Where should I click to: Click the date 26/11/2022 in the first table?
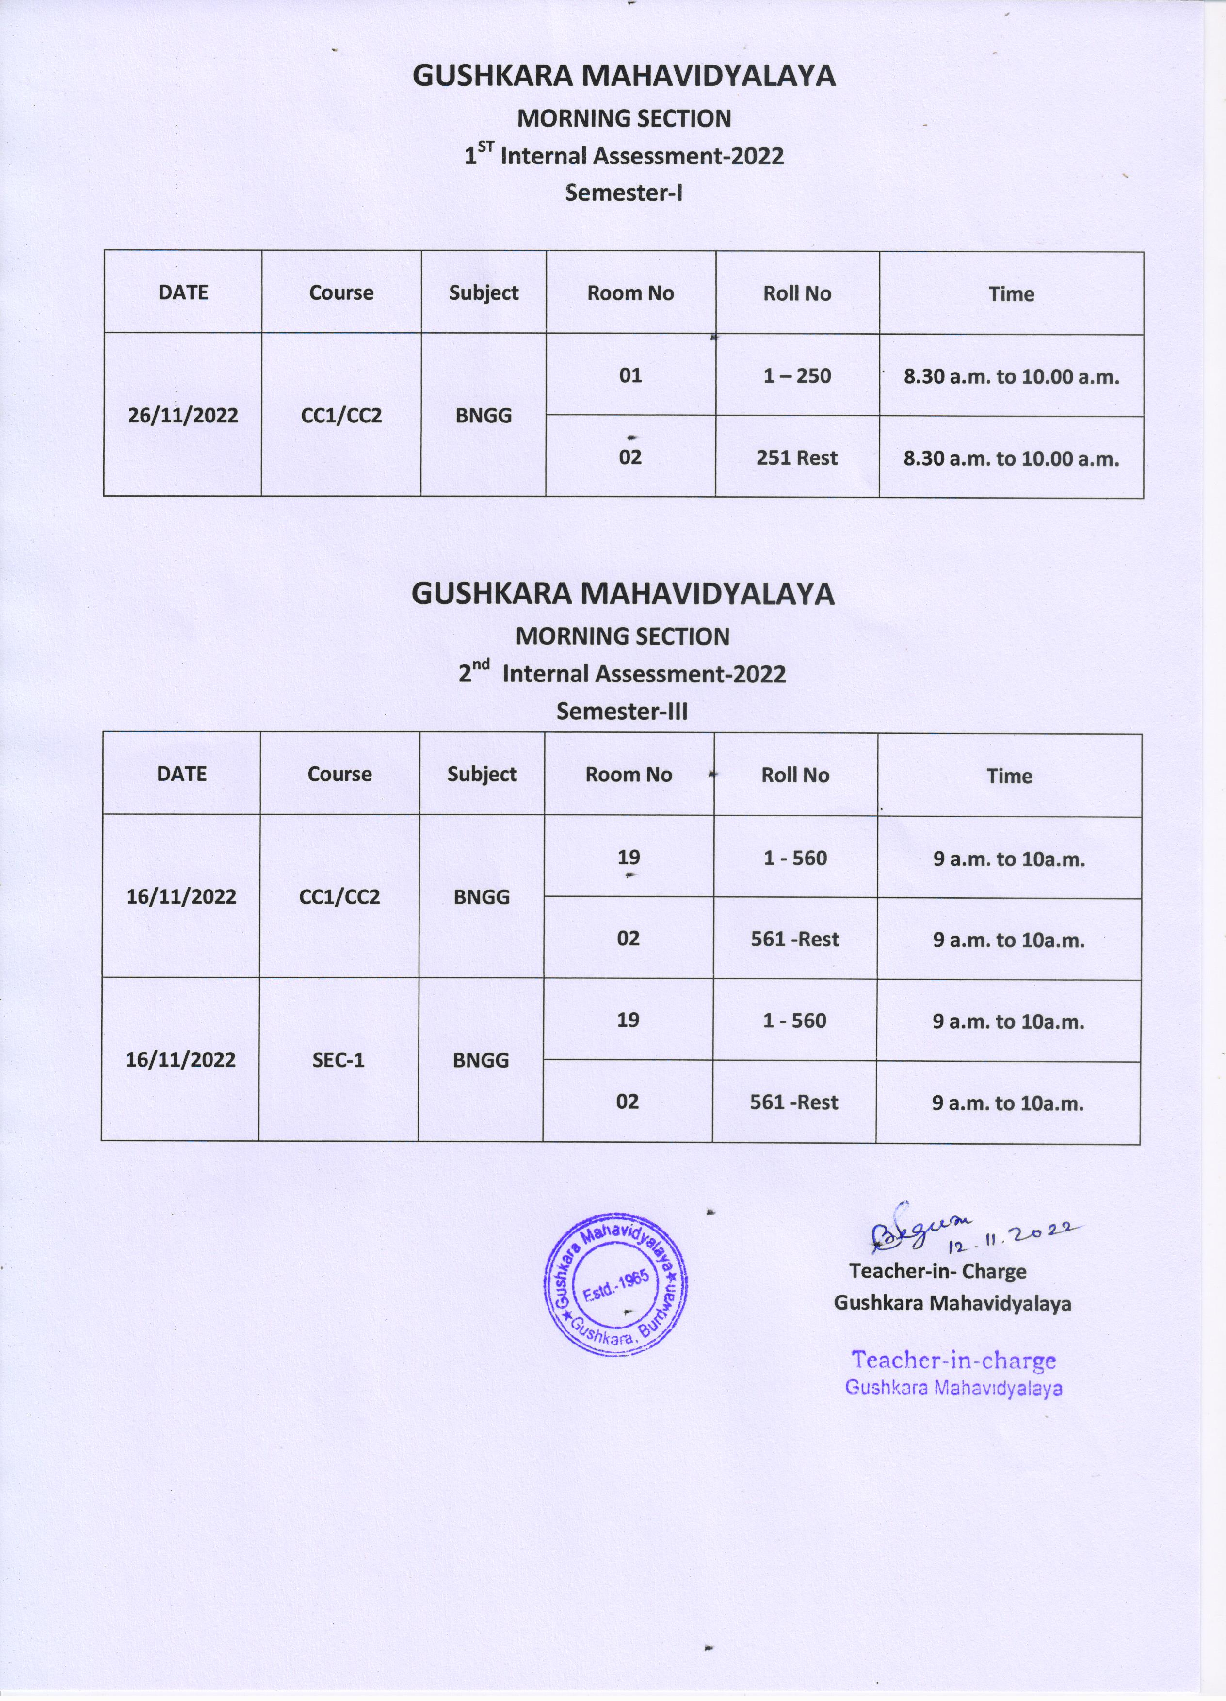pyautogui.click(x=182, y=416)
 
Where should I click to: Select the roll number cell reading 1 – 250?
pyautogui.click(x=797, y=376)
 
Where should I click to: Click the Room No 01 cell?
pyautogui.click(x=630, y=375)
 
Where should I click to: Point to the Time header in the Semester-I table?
pyautogui.click(x=1011, y=294)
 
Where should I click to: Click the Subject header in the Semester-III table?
pyautogui.click(x=482, y=774)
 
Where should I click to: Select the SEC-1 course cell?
pyautogui.click(x=338, y=1060)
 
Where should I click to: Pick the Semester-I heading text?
pyautogui.click(x=624, y=193)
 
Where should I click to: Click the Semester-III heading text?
pyautogui.click(x=622, y=711)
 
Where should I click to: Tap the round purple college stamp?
pyautogui.click(x=615, y=1285)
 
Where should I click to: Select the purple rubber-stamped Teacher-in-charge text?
pyautogui.click(x=953, y=1360)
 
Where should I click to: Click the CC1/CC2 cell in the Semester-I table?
pyautogui.click(x=341, y=416)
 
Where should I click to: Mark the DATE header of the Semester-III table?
pyautogui.click(x=181, y=773)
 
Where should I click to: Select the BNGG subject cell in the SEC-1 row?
pyautogui.click(x=481, y=1060)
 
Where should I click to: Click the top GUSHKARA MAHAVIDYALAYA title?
pyautogui.click(x=624, y=76)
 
